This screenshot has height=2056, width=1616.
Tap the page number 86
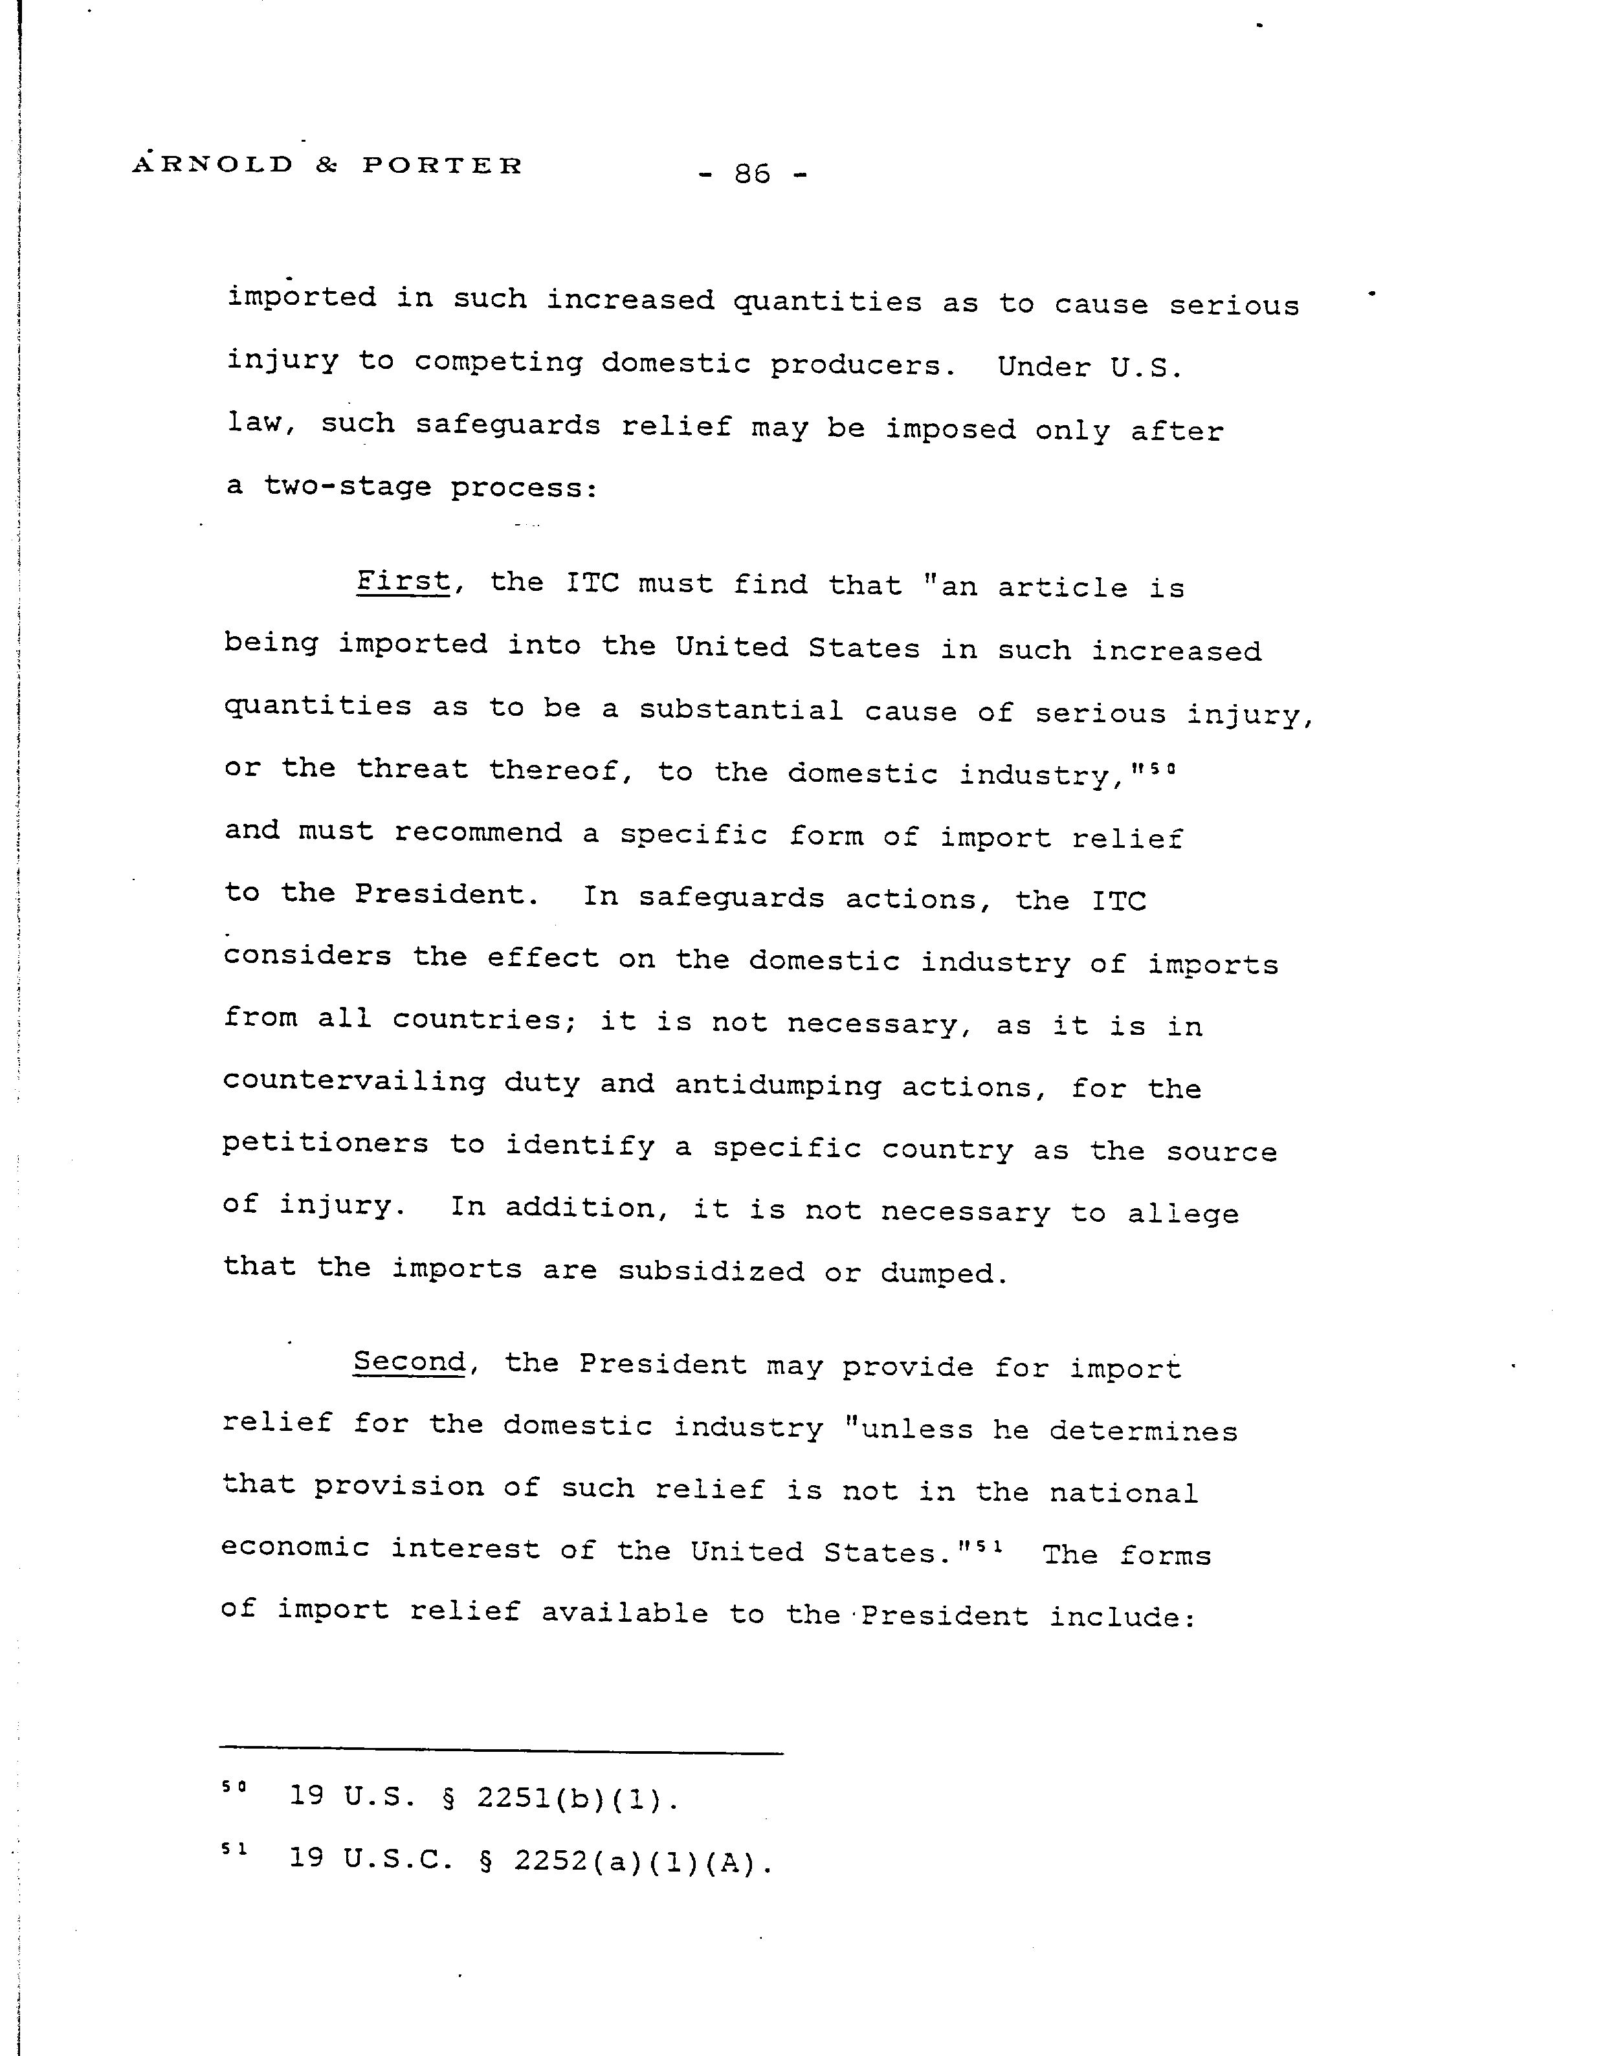(x=752, y=174)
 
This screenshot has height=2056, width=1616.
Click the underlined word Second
(x=409, y=1362)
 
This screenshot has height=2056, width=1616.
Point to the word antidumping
(x=778, y=1084)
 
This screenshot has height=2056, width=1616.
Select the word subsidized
(x=711, y=1271)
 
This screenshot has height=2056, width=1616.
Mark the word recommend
(x=478, y=833)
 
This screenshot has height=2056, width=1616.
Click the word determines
(x=1143, y=1431)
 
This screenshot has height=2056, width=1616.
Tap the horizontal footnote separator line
(x=502, y=1753)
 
